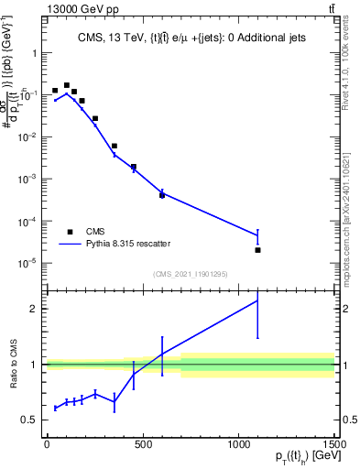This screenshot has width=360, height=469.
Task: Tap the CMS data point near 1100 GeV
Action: (x=257, y=250)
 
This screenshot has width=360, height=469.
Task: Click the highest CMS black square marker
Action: (x=67, y=85)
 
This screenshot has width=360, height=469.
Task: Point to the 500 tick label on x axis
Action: (x=143, y=445)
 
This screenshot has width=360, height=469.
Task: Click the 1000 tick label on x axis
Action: (x=238, y=445)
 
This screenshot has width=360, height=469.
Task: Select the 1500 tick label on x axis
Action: (x=333, y=445)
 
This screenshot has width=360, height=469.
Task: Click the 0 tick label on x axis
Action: (x=47, y=445)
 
